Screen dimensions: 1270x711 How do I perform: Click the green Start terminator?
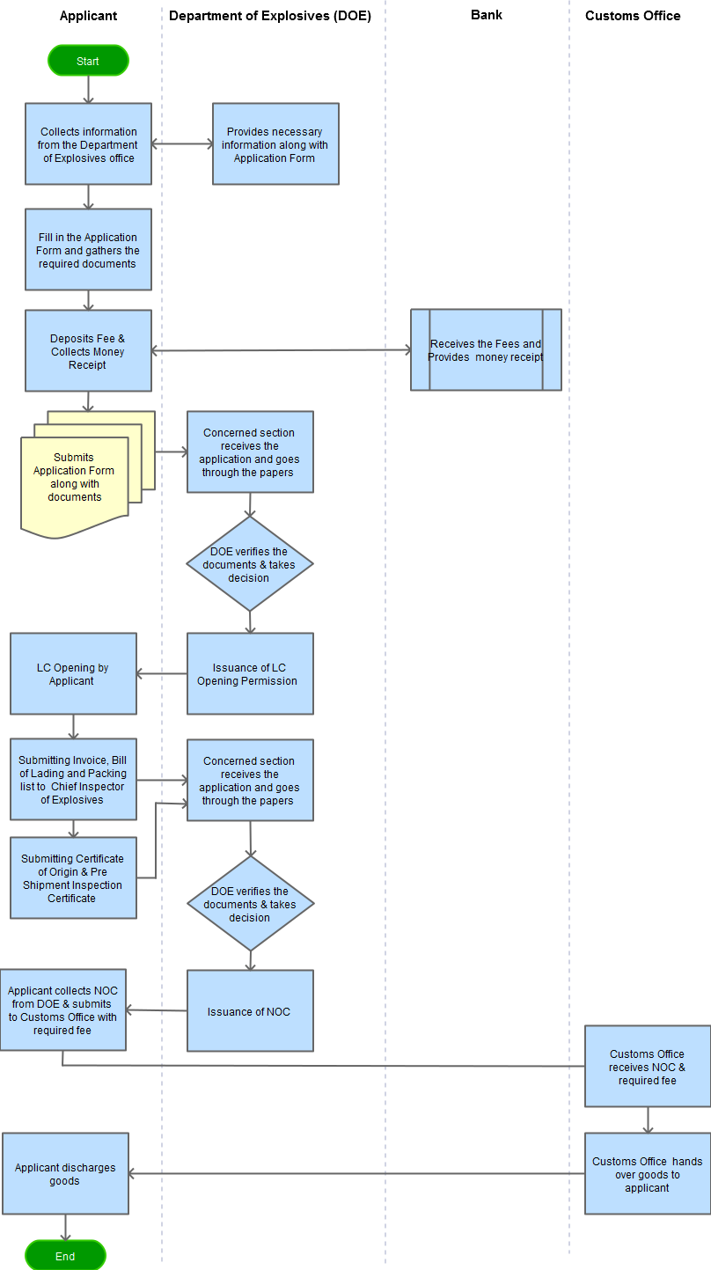click(x=88, y=61)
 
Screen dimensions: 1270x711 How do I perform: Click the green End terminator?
click(x=65, y=1256)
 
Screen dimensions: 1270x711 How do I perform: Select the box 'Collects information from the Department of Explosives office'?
click(x=88, y=144)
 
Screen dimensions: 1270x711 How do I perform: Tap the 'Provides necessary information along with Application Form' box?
click(x=275, y=144)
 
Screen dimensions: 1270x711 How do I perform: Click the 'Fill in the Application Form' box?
click(x=88, y=250)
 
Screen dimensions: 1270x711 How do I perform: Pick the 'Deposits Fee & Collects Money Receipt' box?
click(x=88, y=350)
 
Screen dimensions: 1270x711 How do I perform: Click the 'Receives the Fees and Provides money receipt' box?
click(x=486, y=349)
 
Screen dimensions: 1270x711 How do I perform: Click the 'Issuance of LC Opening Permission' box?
click(x=250, y=673)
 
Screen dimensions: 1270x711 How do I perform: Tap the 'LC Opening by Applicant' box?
click(x=73, y=673)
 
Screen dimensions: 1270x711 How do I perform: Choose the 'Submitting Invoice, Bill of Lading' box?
click(x=73, y=780)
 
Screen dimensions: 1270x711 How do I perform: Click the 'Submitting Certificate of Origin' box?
click(x=73, y=877)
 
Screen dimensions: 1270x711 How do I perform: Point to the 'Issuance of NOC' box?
click(x=250, y=1011)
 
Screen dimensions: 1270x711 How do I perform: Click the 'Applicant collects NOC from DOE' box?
click(x=62, y=1009)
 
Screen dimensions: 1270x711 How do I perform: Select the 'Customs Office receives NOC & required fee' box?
click(x=648, y=1066)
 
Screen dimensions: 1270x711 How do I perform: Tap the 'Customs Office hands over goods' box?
click(x=648, y=1173)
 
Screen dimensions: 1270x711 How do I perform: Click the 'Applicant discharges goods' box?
click(x=65, y=1173)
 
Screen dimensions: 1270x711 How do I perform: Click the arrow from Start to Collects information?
click(x=88, y=90)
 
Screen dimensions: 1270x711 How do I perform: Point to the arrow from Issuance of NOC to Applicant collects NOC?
click(x=157, y=1010)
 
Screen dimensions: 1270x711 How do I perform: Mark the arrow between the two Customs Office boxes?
click(x=648, y=1120)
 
